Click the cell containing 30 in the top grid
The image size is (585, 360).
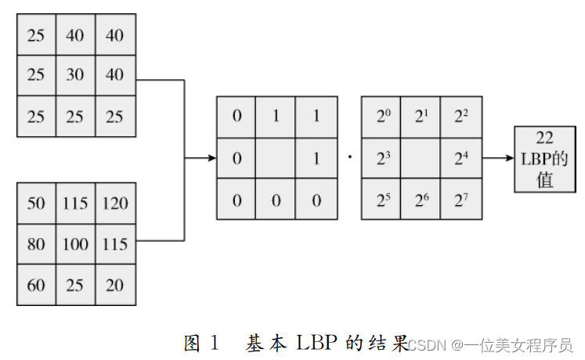tap(76, 76)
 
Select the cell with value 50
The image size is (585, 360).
tap(36, 203)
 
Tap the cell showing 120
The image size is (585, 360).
tap(115, 203)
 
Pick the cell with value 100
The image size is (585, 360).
tap(76, 244)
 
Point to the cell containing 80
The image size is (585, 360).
tap(36, 244)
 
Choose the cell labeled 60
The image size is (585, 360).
tap(36, 285)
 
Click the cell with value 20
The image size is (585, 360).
tap(115, 285)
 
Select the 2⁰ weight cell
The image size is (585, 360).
tap(381, 117)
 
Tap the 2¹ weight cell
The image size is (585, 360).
tap(421, 117)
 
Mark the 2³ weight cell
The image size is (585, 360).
tap(381, 158)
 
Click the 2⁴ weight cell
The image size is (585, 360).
tap(461, 158)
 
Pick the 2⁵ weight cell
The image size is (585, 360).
tap(381, 199)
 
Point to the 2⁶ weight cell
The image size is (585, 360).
tap(421, 199)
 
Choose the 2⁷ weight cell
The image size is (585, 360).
tap(461, 199)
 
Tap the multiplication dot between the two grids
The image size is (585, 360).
tap(349, 158)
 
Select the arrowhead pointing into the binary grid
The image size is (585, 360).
tap(211, 158)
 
